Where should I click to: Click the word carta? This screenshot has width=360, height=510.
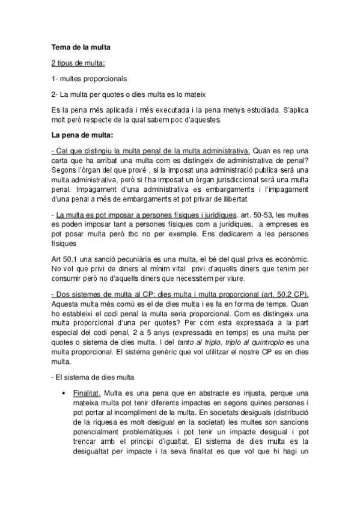62,159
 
